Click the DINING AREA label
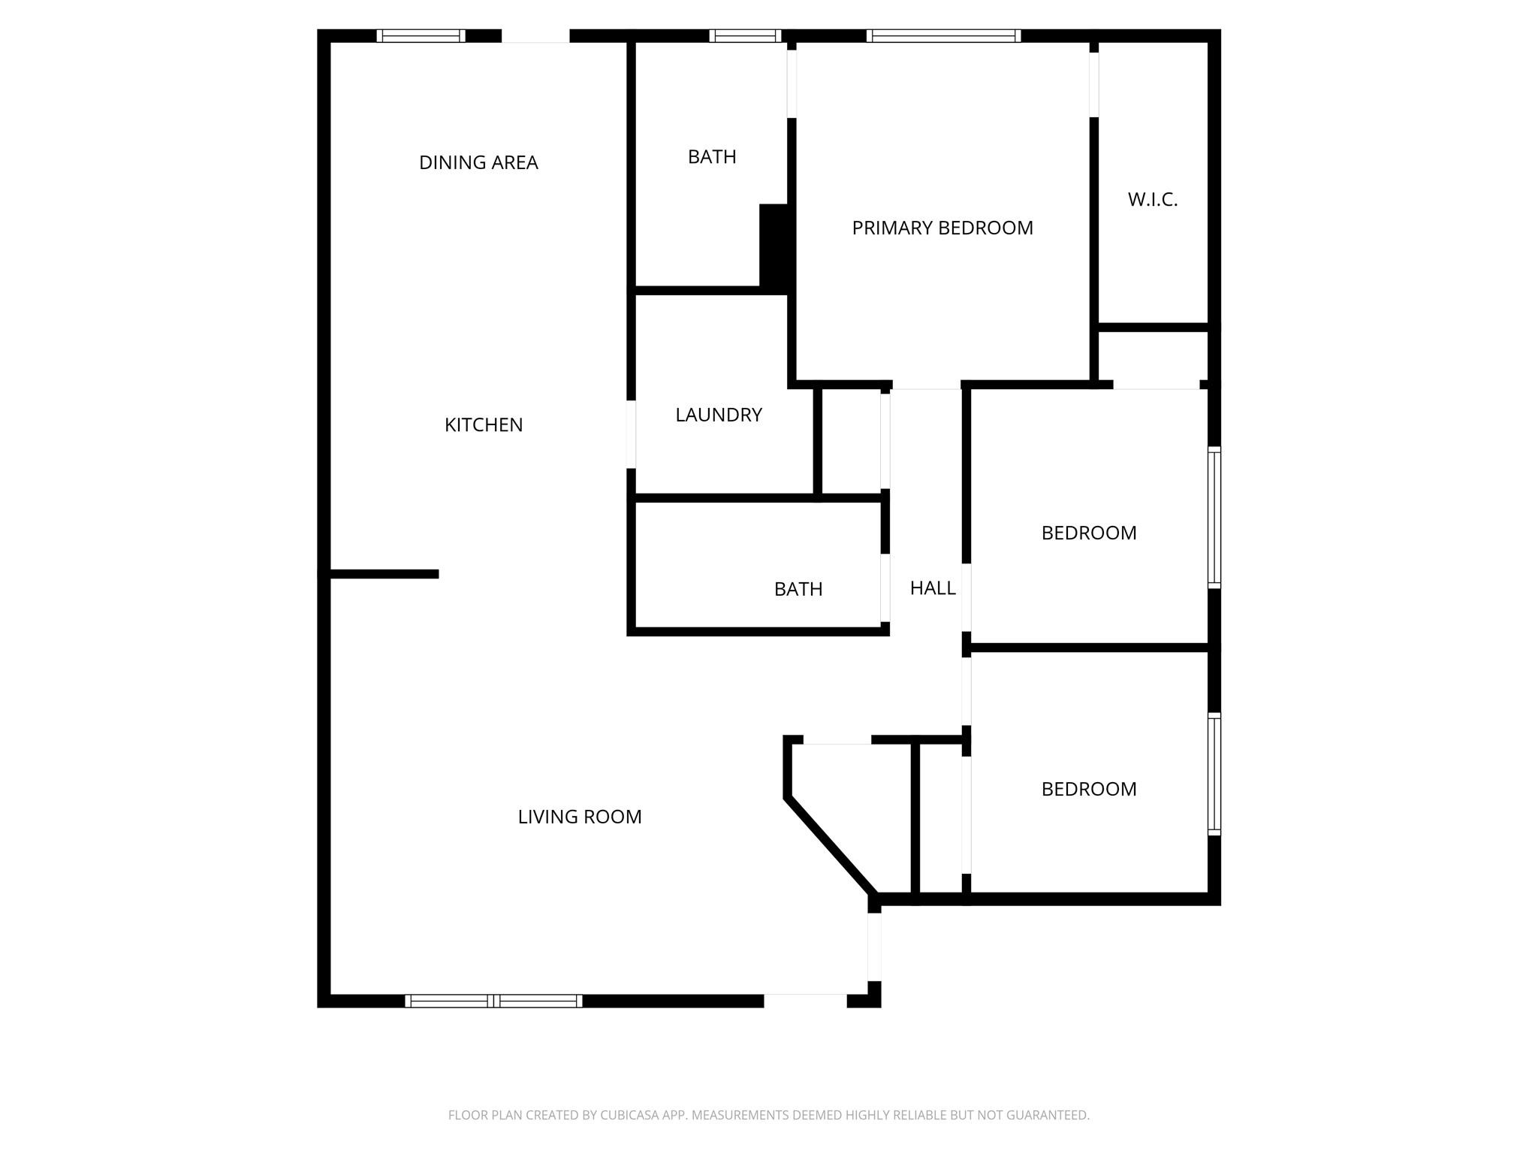click(x=478, y=162)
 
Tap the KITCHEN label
click(x=484, y=424)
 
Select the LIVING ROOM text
click(x=580, y=817)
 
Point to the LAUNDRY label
click(x=719, y=415)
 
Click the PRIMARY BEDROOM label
click(x=942, y=228)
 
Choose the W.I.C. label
click(x=1153, y=200)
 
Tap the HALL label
click(x=933, y=588)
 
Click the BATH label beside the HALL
click(x=798, y=589)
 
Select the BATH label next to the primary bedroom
click(x=712, y=157)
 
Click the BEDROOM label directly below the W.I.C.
click(x=1089, y=533)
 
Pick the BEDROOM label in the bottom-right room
click(x=1089, y=789)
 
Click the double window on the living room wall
click(x=493, y=1001)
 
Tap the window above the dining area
click(x=421, y=36)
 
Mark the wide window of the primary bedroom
click(x=943, y=36)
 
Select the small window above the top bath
click(x=745, y=36)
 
